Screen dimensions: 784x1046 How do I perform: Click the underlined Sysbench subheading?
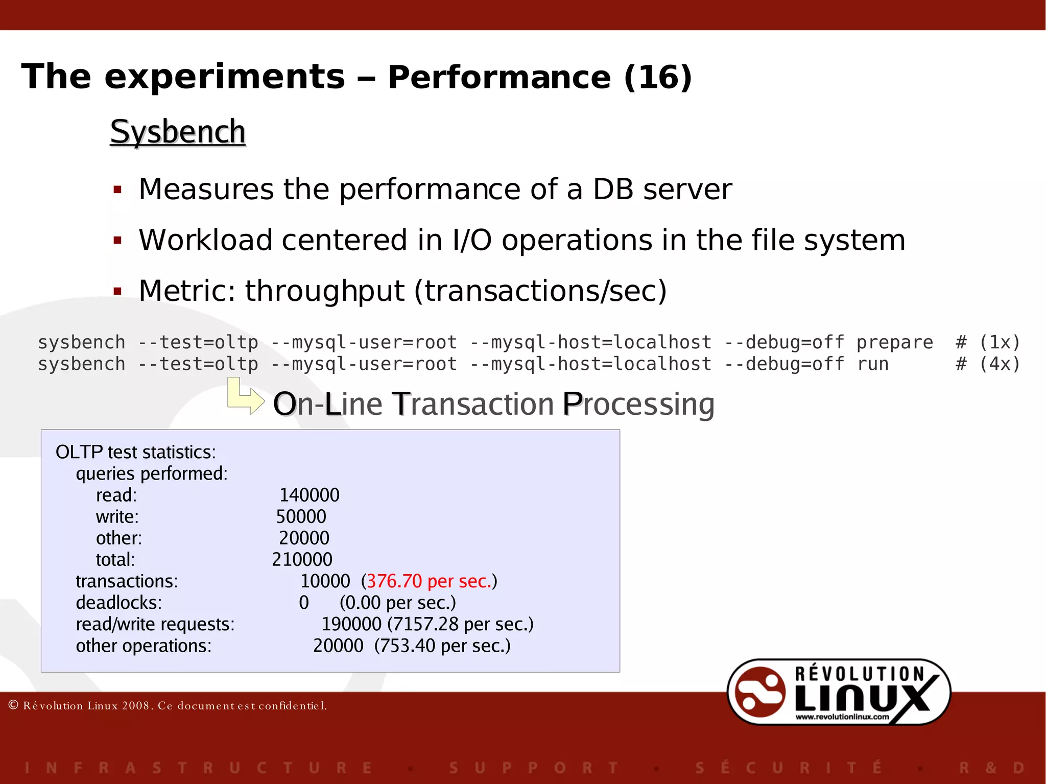[178, 132]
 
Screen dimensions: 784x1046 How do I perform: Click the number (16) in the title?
[658, 77]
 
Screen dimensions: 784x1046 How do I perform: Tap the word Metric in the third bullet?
[186, 291]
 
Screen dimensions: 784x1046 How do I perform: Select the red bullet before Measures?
[117, 191]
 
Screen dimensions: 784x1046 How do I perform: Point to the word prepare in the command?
[894, 342]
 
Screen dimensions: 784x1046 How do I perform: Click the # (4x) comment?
[988, 364]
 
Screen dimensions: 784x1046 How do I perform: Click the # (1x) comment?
[988, 342]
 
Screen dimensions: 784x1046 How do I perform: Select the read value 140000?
[309, 495]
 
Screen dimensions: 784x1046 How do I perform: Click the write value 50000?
[301, 516]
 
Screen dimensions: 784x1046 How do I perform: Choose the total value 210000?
[302, 559]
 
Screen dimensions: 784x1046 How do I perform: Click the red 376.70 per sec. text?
[429, 581]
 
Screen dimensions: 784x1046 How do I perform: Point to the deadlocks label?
[118, 603]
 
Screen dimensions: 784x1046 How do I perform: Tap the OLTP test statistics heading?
[135, 452]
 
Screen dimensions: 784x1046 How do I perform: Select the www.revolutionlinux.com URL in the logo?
[842, 717]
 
